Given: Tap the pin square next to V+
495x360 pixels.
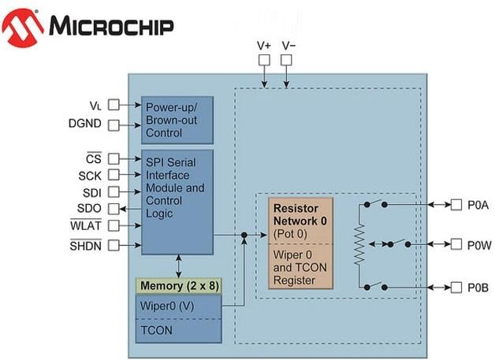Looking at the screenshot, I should click(264, 60).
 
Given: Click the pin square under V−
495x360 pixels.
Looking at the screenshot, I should click(288, 60).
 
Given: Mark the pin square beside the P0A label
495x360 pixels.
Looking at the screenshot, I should click(456, 205).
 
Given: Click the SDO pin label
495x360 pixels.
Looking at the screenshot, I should click(88, 209).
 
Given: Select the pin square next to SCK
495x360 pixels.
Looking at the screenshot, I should click(114, 174).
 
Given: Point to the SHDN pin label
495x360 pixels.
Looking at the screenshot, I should click(86, 245).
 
